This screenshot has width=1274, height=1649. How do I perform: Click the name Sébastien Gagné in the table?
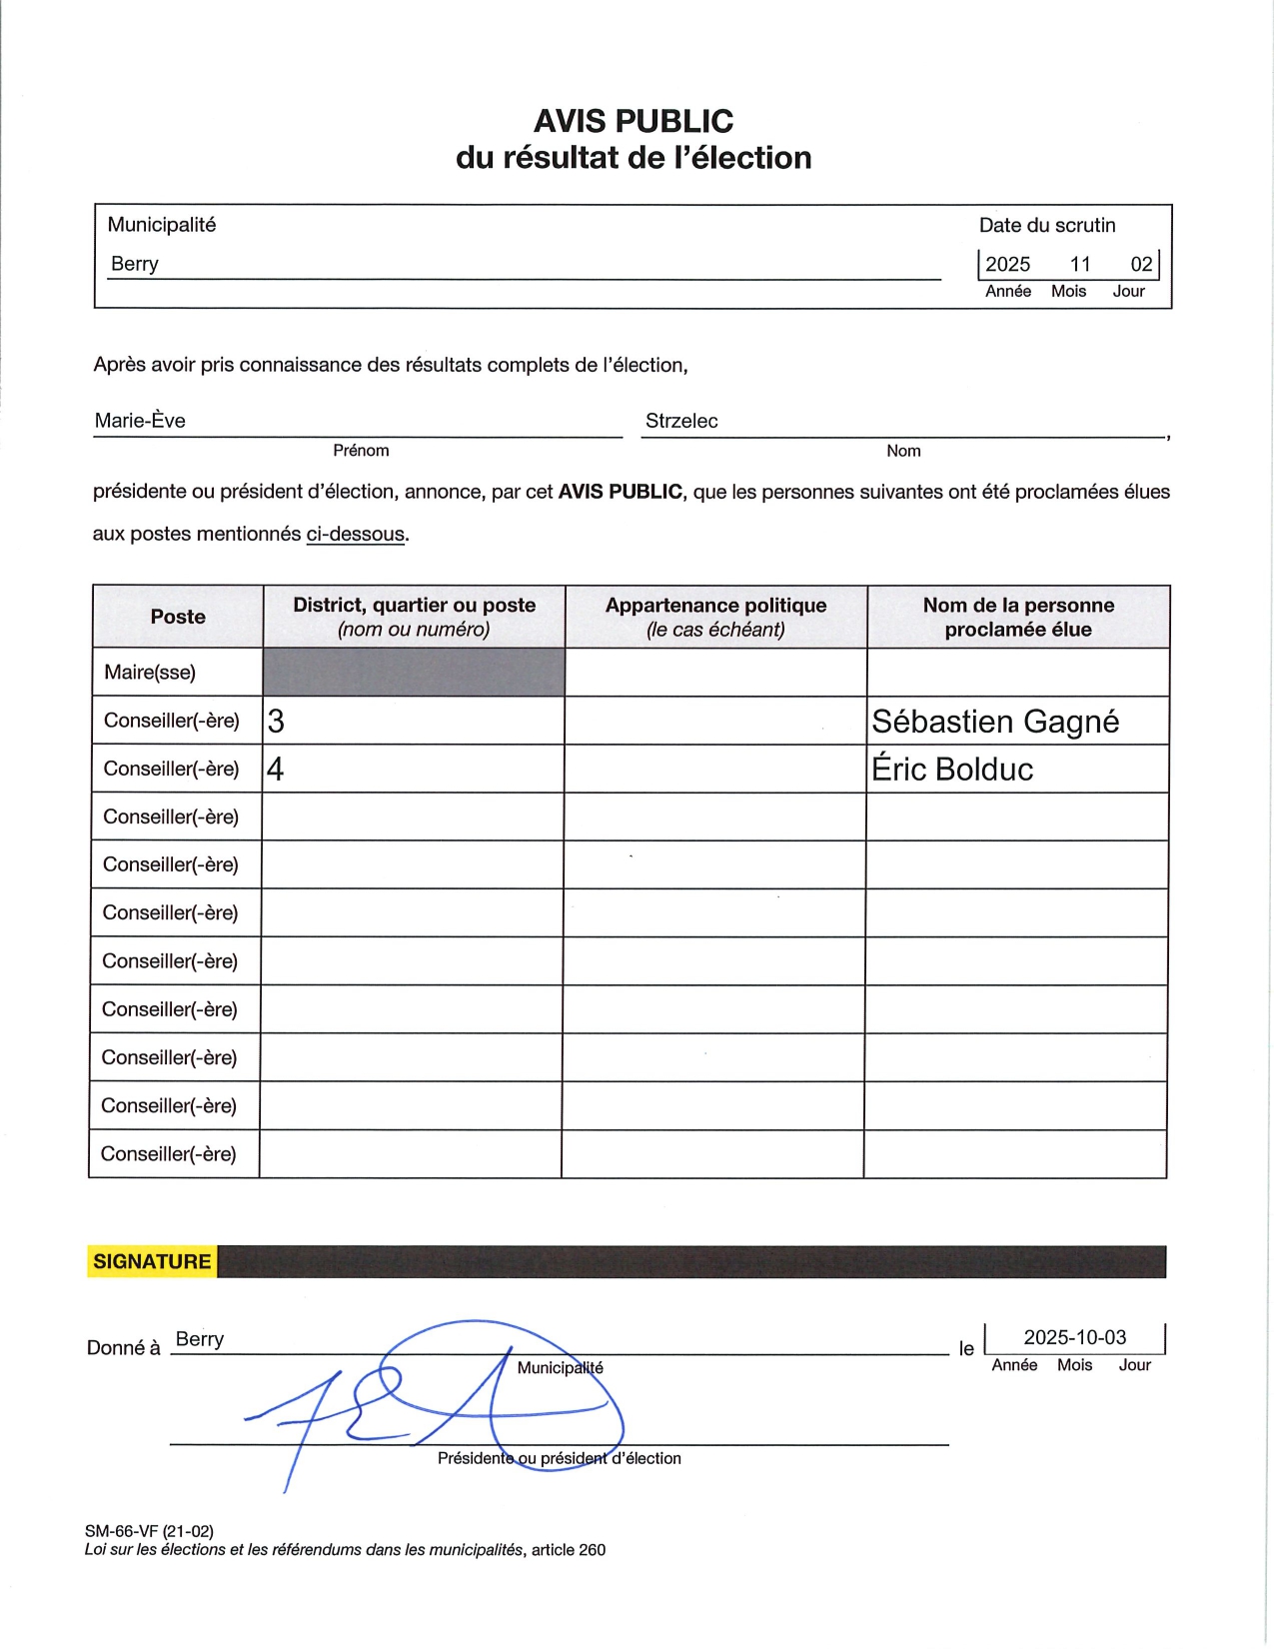click(x=995, y=722)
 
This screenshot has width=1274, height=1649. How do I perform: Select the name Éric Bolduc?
click(x=952, y=770)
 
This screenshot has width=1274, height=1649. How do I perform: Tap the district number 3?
click(x=277, y=722)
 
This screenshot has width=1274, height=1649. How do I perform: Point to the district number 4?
click(x=276, y=770)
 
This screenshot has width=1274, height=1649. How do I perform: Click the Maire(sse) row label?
click(x=150, y=673)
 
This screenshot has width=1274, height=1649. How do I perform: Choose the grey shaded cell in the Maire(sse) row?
click(x=414, y=673)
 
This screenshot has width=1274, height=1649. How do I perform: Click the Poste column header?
click(x=178, y=617)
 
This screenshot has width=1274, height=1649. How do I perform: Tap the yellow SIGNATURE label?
click(x=152, y=1261)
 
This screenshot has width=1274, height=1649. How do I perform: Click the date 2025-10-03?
click(x=1075, y=1337)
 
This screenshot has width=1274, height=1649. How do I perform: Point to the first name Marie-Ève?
click(x=140, y=421)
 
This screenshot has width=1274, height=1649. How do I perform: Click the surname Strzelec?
click(x=681, y=421)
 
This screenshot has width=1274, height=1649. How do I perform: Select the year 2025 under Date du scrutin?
click(x=1007, y=264)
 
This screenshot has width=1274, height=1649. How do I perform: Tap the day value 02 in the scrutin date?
click(x=1141, y=264)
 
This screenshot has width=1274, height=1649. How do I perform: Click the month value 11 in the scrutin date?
click(x=1080, y=264)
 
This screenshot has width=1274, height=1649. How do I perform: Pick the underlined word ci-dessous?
click(x=356, y=534)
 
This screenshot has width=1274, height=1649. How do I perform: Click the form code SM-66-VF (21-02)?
click(x=149, y=1531)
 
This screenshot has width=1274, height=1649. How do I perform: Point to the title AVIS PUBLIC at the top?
click(x=634, y=121)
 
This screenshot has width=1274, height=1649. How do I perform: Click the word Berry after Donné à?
click(x=200, y=1339)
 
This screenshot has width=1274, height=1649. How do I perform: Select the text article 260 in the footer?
click(x=569, y=1550)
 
